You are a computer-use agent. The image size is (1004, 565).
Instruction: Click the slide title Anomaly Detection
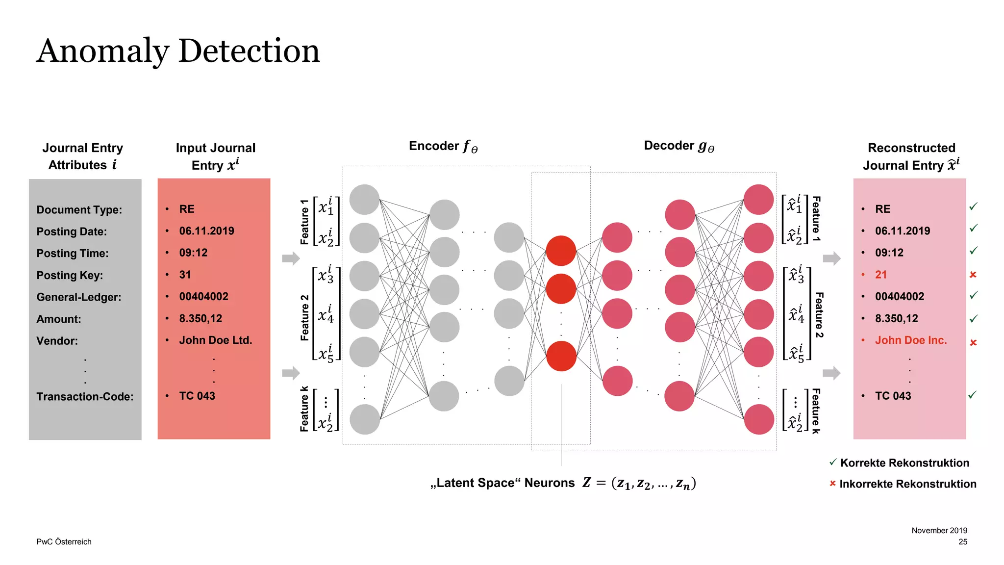click(x=178, y=51)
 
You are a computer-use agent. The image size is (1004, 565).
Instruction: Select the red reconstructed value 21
click(x=880, y=275)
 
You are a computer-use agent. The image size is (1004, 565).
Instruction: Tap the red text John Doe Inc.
click(x=910, y=340)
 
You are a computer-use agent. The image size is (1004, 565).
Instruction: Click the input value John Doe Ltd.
click(x=215, y=340)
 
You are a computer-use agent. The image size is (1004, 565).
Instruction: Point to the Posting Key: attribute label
click(x=70, y=276)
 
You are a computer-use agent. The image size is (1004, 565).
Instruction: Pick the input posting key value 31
click(x=185, y=275)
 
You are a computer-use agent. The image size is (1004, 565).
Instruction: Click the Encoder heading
click(x=443, y=146)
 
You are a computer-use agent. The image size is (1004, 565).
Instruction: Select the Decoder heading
click(x=678, y=146)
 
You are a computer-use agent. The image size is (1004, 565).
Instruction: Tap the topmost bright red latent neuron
click(x=561, y=251)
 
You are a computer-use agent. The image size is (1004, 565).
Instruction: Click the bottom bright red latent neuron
click(x=561, y=356)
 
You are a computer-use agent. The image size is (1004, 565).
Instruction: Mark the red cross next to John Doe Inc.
click(x=973, y=343)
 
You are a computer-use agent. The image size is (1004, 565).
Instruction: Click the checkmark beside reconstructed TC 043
click(x=973, y=395)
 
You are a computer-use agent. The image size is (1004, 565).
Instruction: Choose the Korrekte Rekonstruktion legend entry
click(x=904, y=463)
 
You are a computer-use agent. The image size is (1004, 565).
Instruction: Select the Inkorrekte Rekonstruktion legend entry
click(x=907, y=484)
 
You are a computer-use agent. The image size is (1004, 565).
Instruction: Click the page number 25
click(x=963, y=542)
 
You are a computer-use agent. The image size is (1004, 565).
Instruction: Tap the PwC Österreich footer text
click(x=64, y=542)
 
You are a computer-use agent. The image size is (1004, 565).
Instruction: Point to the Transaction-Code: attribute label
click(x=85, y=397)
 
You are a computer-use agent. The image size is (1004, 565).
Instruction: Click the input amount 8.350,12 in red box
click(x=201, y=319)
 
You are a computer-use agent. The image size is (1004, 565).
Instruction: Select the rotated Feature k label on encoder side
click(x=304, y=409)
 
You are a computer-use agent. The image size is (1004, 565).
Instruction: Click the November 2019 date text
click(x=939, y=531)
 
